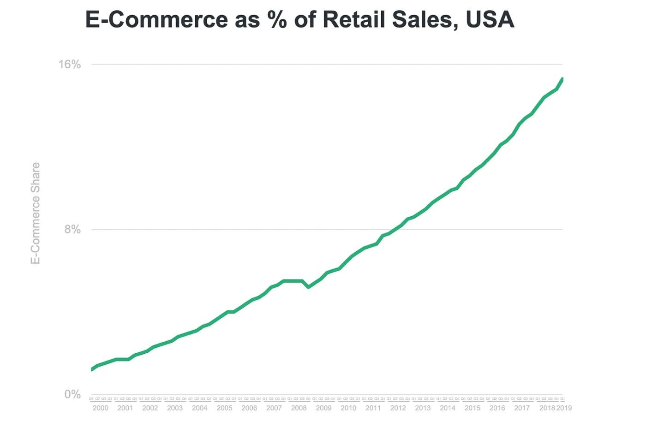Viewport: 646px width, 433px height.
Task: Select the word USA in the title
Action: click(x=490, y=19)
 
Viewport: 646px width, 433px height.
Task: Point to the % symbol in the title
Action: click(x=277, y=19)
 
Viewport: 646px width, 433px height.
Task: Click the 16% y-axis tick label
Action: click(x=69, y=64)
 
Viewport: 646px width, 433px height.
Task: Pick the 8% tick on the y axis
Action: click(x=72, y=229)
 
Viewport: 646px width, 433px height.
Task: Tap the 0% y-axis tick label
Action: click(x=72, y=394)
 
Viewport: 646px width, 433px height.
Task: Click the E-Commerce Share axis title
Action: click(x=35, y=213)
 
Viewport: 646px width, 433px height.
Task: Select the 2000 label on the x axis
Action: click(x=100, y=408)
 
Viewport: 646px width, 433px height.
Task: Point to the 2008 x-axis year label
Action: click(x=299, y=408)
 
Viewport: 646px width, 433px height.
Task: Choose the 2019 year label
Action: click(x=564, y=408)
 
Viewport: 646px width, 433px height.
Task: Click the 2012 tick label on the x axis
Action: click(x=398, y=408)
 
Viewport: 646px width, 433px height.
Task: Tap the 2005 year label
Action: click(x=224, y=408)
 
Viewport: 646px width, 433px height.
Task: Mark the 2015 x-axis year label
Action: click(x=472, y=408)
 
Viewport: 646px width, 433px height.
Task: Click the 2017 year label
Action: click(x=522, y=408)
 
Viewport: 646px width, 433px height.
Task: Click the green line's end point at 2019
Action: click(x=562, y=79)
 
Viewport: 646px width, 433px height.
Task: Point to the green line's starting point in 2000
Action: click(x=92, y=369)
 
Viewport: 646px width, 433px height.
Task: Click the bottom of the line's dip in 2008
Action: click(x=308, y=287)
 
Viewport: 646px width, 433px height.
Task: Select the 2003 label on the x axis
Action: click(x=175, y=408)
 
